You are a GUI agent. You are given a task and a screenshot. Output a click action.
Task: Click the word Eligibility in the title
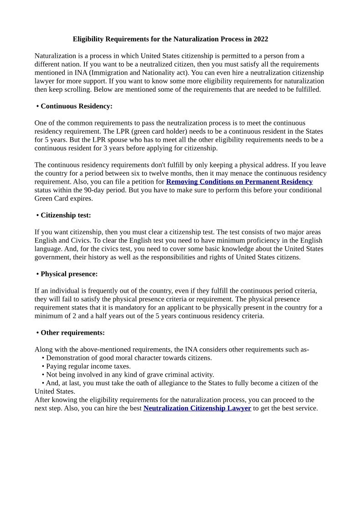88,39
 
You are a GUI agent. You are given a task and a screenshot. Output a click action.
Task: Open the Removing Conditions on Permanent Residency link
239,181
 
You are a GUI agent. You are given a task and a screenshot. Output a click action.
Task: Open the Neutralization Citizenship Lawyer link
197,408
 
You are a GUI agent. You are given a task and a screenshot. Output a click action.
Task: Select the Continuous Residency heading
76,106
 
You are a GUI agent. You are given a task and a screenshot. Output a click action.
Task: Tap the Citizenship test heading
66,215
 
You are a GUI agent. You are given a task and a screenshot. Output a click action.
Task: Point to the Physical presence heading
69,274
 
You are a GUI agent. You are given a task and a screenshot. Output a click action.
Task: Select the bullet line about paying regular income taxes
88,366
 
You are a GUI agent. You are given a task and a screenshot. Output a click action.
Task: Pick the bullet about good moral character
129,358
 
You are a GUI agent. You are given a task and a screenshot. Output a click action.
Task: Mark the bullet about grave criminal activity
130,375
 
